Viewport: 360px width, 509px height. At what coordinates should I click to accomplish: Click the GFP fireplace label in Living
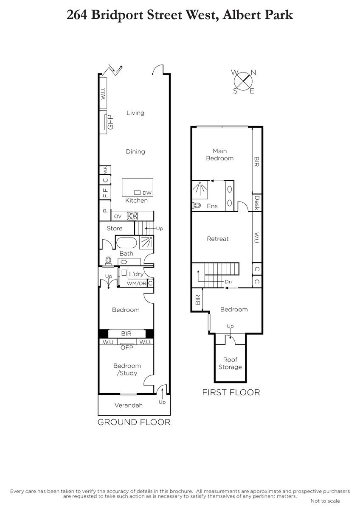tap(110, 122)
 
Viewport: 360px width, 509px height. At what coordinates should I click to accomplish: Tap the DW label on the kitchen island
tap(147, 193)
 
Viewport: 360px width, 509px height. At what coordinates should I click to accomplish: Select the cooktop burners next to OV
tap(132, 216)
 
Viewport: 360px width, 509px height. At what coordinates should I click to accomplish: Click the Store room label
tap(115, 228)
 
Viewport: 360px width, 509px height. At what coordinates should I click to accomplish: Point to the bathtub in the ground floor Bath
tap(127, 243)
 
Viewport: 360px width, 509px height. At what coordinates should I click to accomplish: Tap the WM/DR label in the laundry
tap(136, 283)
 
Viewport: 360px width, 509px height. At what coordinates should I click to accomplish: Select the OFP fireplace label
tap(127, 347)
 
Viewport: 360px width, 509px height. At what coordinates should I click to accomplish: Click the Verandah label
tap(129, 405)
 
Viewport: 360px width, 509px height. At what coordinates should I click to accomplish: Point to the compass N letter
tap(253, 73)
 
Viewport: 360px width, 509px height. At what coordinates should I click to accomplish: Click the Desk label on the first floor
tap(257, 203)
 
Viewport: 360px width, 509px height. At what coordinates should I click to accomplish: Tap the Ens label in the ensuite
tap(212, 206)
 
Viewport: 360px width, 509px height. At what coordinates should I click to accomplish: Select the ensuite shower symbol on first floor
tap(200, 188)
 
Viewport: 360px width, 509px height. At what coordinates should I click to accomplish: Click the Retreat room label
tap(218, 238)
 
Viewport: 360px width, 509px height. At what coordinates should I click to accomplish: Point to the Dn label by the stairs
tap(228, 282)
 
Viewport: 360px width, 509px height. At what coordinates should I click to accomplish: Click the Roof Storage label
tap(230, 364)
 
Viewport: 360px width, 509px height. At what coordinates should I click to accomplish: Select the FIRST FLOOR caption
tap(231, 392)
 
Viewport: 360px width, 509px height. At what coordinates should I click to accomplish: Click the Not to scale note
tap(325, 501)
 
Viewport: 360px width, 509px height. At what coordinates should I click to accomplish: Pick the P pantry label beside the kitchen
tap(105, 210)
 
